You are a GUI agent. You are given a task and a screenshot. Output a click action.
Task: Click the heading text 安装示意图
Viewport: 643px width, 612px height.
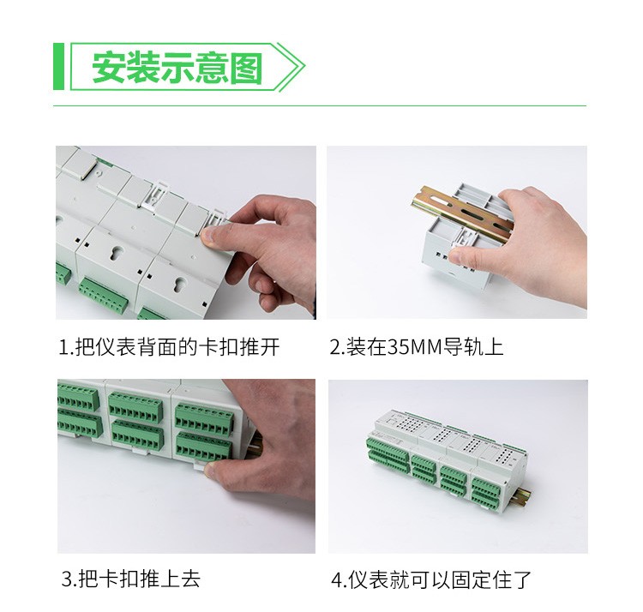177,68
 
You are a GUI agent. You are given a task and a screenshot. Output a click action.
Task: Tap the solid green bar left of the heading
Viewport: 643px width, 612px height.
58,66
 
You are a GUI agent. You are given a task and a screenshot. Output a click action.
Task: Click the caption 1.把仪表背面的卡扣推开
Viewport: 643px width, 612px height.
170,347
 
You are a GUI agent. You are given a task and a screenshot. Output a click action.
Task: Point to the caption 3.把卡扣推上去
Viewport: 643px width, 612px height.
131,579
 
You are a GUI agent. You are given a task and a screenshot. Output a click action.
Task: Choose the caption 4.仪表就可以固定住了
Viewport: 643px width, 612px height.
431,579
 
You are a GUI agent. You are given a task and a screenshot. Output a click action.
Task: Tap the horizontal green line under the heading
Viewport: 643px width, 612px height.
320,105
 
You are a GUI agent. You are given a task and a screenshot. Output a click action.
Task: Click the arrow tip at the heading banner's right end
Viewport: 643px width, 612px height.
304,66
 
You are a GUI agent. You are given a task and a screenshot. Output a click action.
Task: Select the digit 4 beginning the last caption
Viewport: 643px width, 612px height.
336,580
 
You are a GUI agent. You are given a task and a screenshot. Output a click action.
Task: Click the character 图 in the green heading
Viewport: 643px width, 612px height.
246,68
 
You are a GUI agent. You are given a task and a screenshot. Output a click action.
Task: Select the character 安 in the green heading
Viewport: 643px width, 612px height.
108,68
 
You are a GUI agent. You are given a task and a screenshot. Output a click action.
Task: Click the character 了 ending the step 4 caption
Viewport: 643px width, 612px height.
522,579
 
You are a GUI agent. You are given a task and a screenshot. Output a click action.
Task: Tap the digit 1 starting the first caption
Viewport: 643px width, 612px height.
63,348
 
